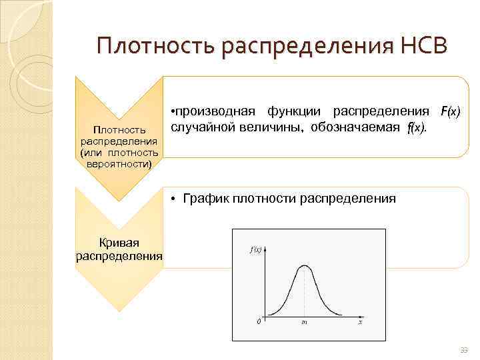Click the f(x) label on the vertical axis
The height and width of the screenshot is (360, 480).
(255, 250)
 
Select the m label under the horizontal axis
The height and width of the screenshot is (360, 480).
(304, 323)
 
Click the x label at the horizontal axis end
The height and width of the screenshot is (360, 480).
(360, 323)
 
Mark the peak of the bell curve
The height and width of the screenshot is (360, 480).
(305, 266)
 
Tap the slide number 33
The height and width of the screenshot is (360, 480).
(465, 351)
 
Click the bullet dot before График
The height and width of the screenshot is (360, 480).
(173, 199)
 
